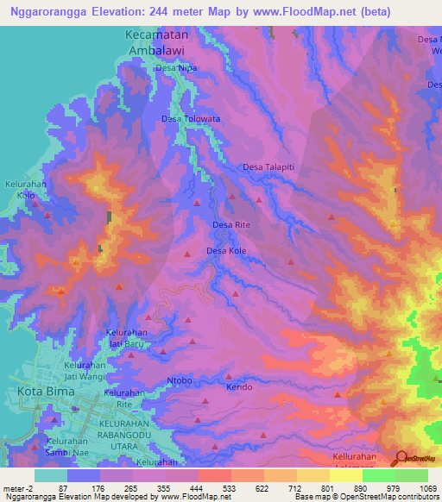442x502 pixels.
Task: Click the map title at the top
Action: click(200, 11)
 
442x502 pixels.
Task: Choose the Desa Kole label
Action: click(226, 251)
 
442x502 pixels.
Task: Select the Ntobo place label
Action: click(180, 380)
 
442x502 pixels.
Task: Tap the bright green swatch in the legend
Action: click(378, 475)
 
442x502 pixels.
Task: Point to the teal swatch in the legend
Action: click(51, 475)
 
